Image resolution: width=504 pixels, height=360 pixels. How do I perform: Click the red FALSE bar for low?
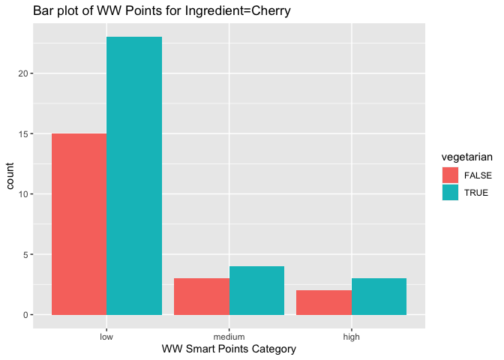pos(79,224)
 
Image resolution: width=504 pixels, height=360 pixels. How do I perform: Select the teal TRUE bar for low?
pos(134,175)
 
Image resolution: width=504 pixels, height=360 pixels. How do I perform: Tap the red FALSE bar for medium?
pos(202,296)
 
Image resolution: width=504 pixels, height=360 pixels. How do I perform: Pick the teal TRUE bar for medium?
pos(256,290)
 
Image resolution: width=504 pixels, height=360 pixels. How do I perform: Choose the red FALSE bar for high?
pos(324,302)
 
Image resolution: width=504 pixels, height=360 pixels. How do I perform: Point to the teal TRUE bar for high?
pos(379,296)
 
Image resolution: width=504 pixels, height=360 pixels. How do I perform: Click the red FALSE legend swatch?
pos(450,175)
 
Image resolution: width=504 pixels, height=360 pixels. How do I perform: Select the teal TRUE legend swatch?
pos(450,193)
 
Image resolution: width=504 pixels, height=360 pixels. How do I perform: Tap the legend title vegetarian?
pos(466,157)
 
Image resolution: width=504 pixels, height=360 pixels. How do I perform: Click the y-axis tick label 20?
pos(23,73)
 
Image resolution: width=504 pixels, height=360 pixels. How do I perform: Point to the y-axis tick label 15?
pos(23,133)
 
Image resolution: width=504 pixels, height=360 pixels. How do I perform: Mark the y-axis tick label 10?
pos(23,194)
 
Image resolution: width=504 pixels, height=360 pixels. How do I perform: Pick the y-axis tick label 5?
pos(25,254)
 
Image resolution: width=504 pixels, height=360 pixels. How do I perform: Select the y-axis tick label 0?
pos(25,315)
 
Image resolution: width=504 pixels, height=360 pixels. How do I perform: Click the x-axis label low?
pos(106,337)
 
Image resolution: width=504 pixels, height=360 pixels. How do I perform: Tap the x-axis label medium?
pos(229,337)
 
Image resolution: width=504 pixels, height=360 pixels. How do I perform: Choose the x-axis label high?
pos(351,337)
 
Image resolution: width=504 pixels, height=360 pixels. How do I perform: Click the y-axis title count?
pos(10,175)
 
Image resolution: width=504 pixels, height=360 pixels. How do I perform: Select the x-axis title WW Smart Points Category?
pos(229,349)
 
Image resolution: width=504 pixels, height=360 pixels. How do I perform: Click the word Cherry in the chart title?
pos(271,11)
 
